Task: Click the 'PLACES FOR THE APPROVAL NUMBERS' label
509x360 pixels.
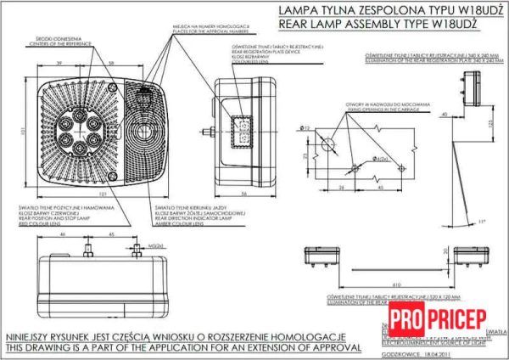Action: pyautogui.click(x=199, y=33)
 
